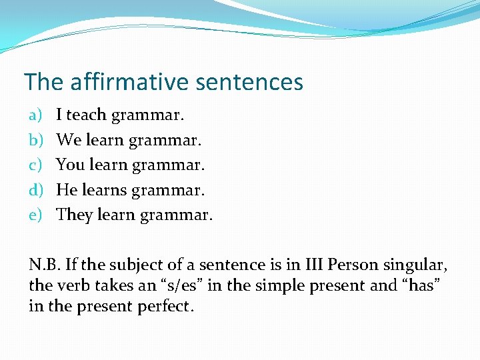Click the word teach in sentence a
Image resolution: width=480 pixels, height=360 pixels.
pos(87,115)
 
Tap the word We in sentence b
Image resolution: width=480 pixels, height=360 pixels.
pos(68,140)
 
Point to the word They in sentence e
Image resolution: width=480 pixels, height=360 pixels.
pos(75,215)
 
